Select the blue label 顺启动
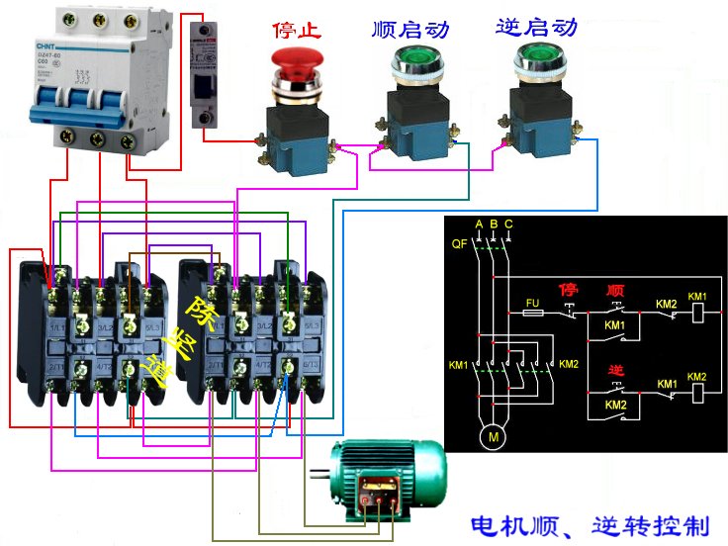[410, 29]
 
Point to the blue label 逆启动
[535, 27]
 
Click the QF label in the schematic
[459, 241]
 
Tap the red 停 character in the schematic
[569, 290]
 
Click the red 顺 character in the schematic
[615, 291]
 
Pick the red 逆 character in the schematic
[615, 370]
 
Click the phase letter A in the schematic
[479, 225]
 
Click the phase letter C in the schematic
[508, 225]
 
